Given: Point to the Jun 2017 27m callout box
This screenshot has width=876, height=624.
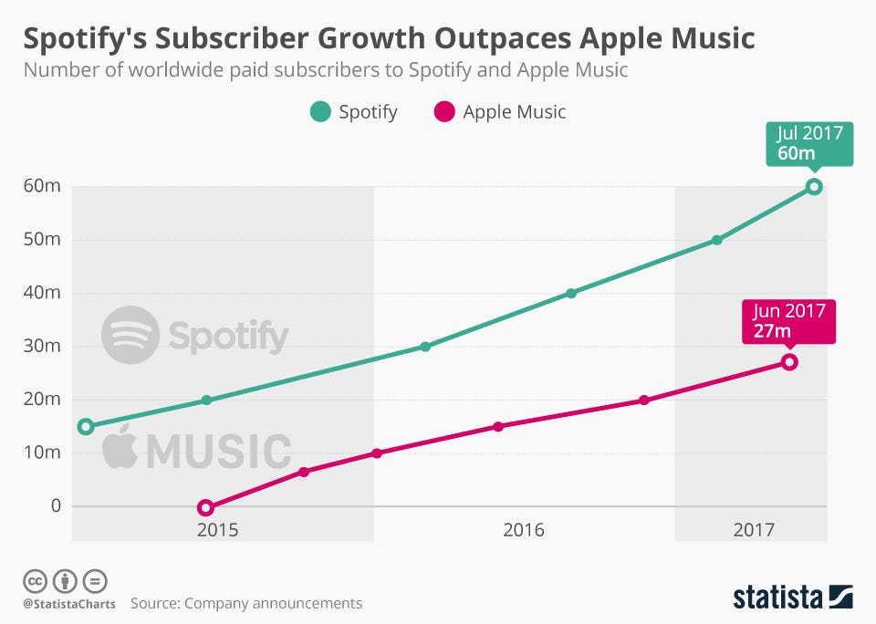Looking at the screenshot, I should click(x=787, y=320).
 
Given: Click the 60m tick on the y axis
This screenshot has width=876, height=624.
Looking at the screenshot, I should click(x=42, y=187).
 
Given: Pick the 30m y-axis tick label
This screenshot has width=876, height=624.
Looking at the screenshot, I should click(x=42, y=346).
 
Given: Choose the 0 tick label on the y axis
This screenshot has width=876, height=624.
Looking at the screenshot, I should click(x=55, y=505).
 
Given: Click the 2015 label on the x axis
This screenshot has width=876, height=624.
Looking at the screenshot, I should click(x=218, y=530).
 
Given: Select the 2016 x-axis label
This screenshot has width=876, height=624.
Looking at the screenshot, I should click(x=523, y=530).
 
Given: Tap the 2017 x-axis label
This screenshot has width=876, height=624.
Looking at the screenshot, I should click(x=752, y=530).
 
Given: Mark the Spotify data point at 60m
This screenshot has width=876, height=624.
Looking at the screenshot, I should click(x=814, y=187).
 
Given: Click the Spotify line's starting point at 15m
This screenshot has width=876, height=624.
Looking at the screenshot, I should click(x=86, y=426).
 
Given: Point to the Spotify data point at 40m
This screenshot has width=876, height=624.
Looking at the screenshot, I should click(x=571, y=293).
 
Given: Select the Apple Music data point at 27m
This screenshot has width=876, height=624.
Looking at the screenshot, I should click(x=789, y=362).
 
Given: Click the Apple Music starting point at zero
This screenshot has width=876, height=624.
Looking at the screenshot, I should click(x=205, y=507).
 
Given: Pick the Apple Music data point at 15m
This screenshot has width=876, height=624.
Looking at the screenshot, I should click(x=498, y=426).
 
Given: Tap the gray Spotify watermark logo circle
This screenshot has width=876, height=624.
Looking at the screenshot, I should click(x=130, y=336).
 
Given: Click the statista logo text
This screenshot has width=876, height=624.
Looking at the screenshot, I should click(x=777, y=597).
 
